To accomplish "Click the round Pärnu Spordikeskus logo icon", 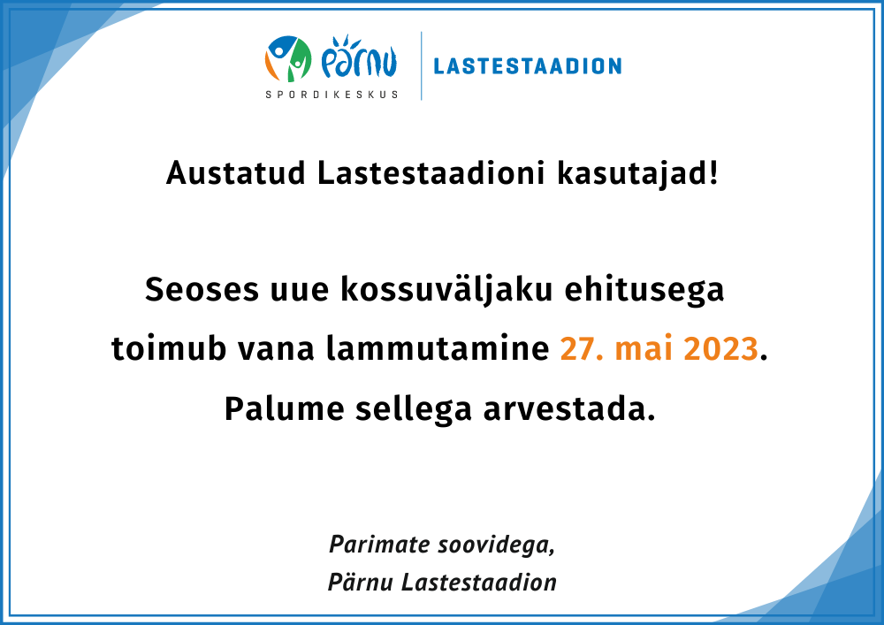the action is (x=288, y=58).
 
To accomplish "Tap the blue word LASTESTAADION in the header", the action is (x=528, y=66).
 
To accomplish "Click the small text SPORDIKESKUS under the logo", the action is (x=331, y=94).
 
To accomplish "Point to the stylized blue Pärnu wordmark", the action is (x=359, y=57).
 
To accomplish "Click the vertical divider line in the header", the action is (x=421, y=66).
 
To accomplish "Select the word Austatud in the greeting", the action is (x=236, y=172).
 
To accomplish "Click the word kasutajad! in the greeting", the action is (x=637, y=173).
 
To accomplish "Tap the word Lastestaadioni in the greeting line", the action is (x=431, y=172).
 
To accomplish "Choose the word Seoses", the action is (x=202, y=290).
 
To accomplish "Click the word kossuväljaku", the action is (x=446, y=290).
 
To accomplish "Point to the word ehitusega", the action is (x=644, y=291).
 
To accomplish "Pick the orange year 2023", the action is (x=720, y=348).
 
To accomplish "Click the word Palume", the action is (x=284, y=408).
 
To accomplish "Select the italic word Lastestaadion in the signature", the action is (x=478, y=583).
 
